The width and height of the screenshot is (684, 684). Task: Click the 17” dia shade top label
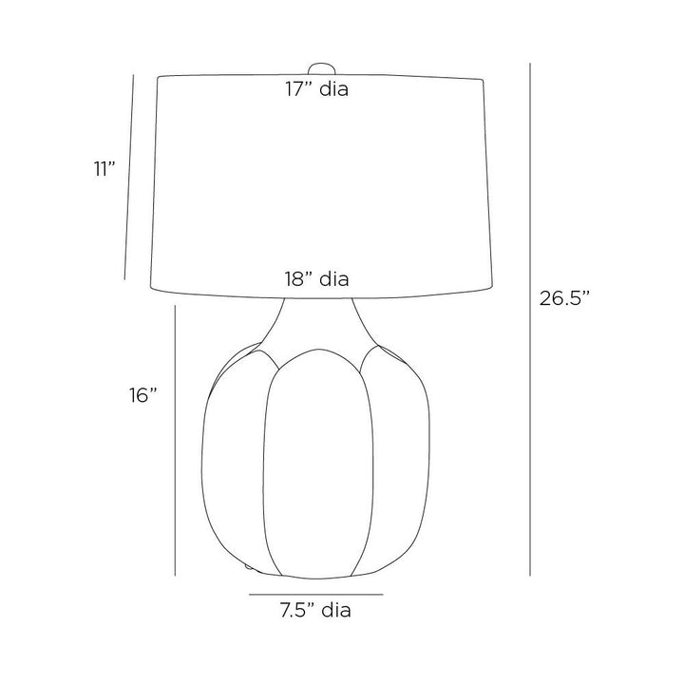coord(317,89)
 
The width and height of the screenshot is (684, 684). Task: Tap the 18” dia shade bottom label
coord(317,278)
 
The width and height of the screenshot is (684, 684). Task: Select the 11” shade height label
coord(104,169)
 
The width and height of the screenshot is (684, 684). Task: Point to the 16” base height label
coord(142,395)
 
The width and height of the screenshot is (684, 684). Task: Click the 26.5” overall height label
coord(564,298)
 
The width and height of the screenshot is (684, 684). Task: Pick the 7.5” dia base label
coord(315,610)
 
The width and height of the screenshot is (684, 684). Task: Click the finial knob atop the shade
coord(321,68)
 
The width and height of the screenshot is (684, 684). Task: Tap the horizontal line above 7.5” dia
coord(315,594)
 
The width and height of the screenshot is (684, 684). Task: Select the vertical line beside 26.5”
coord(530,319)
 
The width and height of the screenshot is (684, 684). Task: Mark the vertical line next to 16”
coord(175,440)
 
